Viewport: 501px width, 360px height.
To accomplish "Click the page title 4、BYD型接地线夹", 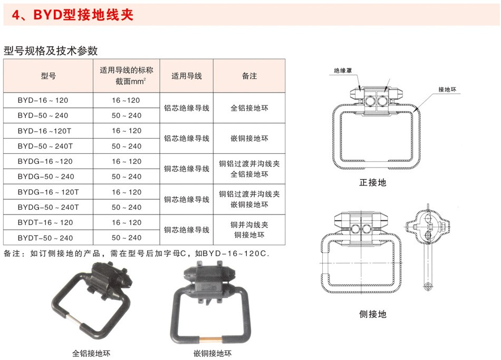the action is [73, 15].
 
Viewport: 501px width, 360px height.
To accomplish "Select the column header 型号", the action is [48, 76].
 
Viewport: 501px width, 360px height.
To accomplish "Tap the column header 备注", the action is [249, 76].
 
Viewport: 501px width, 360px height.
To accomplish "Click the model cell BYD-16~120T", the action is [44, 131].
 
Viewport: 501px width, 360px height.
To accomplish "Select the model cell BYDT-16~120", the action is [45, 222].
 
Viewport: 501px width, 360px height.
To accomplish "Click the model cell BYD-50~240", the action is [43, 115].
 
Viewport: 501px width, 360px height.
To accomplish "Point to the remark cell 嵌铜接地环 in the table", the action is [249, 138].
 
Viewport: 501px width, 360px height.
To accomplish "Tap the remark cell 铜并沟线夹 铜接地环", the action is [249, 230].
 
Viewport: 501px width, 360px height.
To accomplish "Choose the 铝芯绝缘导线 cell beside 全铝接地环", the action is [187, 108].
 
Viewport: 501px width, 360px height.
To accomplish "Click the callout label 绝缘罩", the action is [343, 71].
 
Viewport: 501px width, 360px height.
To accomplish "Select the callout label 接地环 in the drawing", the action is [447, 90].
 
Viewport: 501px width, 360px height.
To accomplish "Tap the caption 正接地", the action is [372, 182].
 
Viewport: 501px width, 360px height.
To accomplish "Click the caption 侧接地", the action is [372, 314].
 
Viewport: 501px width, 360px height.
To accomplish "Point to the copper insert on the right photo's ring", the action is [210, 338].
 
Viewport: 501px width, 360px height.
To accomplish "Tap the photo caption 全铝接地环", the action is [91, 353].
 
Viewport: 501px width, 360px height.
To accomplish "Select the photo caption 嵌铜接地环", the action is [213, 353].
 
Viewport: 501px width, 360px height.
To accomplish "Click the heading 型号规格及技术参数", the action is [51, 51].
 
